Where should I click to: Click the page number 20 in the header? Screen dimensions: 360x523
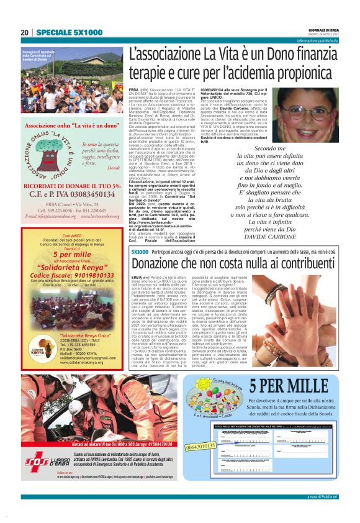click(25, 32)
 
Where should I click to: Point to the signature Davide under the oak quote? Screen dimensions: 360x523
click(113, 168)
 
